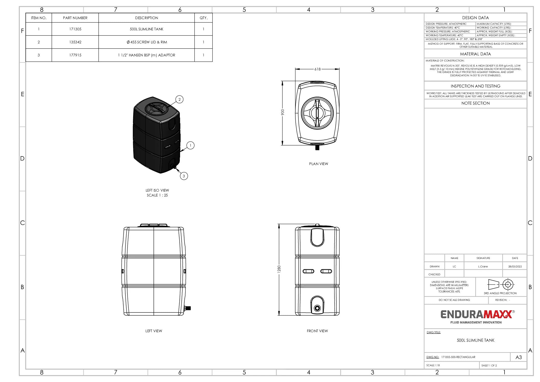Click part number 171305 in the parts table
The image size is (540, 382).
[75, 29]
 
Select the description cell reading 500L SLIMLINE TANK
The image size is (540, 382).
[146, 29]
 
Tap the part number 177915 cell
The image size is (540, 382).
[75, 55]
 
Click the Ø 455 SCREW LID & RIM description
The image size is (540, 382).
[147, 42]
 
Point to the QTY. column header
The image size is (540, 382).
[204, 18]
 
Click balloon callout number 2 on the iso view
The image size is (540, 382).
[179, 100]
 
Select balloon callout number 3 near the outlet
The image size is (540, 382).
[184, 176]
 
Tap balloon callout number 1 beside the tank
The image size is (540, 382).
[190, 145]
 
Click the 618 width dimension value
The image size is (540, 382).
[318, 69]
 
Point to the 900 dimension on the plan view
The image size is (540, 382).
[283, 112]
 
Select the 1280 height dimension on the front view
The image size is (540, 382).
[279, 269]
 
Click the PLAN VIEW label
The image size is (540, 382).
[319, 164]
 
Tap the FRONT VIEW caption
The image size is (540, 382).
[317, 331]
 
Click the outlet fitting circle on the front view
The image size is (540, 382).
[317, 308]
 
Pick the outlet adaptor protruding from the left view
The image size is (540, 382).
[187, 308]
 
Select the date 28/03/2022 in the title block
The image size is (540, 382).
[515, 266]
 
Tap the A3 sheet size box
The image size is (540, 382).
[519, 357]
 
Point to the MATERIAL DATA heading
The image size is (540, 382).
[475, 54]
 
